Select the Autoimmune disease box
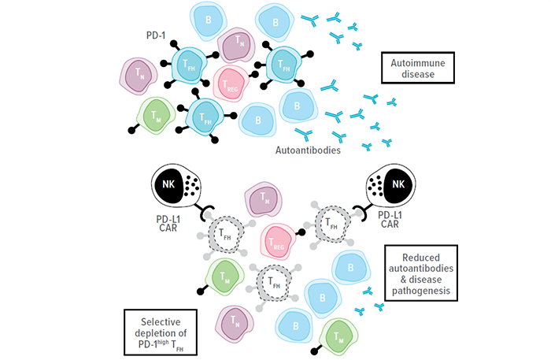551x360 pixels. click(x=409, y=69)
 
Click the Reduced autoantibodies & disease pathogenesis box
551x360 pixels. click(x=418, y=274)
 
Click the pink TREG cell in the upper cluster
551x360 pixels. click(x=231, y=83)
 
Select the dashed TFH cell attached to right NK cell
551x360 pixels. click(x=330, y=224)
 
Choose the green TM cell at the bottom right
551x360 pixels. click(x=340, y=334)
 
